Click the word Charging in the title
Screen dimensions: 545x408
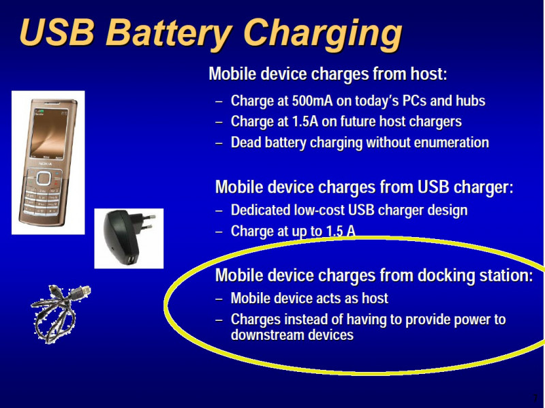[323, 35]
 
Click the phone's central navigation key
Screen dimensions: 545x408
[44, 178]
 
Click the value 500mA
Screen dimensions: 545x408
[312, 101]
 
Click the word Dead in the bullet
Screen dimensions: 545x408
[246, 142]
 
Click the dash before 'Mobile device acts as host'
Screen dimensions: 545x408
[219, 298]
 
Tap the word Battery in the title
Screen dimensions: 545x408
[168, 33]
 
